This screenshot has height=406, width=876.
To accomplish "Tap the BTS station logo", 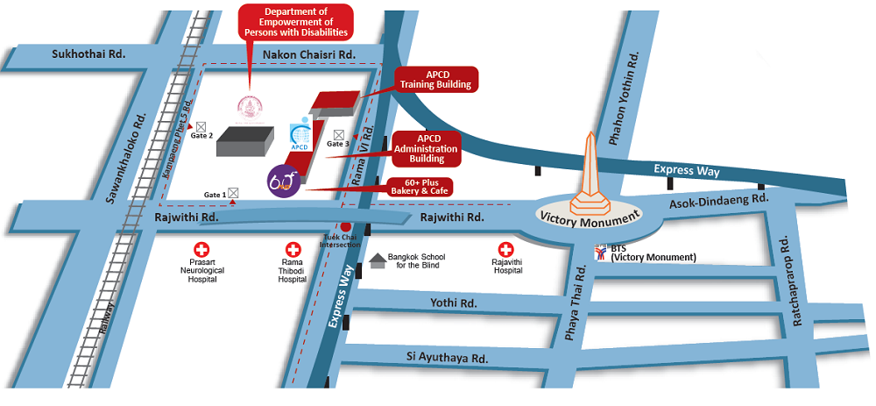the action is pos(601,253).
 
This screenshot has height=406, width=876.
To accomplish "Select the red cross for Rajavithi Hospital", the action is pos(505,249).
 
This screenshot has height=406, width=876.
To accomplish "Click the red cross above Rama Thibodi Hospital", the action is pos(293,249).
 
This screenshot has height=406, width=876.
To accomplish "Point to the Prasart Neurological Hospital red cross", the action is pos(201,249).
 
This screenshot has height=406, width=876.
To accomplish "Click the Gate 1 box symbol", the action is pos(233,193).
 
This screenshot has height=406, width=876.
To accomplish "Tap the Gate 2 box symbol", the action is pos(201,127).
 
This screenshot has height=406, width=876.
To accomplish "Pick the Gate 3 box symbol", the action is pos(338,134).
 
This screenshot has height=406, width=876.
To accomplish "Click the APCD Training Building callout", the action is pos(435,80).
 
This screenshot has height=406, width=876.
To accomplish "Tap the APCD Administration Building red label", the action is pos(427,149).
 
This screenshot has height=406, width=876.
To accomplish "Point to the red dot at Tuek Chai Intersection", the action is pos(346,226).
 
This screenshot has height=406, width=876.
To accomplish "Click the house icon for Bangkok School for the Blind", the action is pos(378,260).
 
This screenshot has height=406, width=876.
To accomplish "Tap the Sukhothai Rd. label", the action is pos(88,54).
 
